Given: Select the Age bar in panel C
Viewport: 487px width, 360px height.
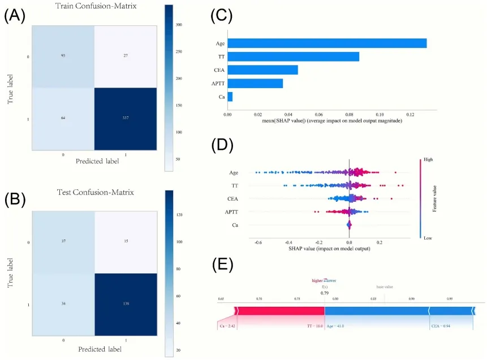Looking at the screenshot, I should coord(327,44).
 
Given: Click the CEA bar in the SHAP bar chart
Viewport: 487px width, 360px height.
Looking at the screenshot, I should coord(262,70).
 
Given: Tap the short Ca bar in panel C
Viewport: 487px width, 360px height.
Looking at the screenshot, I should coord(230,97).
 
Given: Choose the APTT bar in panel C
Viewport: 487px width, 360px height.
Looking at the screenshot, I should coord(255,84).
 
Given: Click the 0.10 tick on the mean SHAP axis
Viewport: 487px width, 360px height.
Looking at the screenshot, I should coord(380,114).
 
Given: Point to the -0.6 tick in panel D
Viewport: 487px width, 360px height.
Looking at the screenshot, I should coord(258,242).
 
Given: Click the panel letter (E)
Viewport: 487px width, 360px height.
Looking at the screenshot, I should coord(222,266).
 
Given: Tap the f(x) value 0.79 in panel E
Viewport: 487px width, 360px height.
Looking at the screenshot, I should coord(324,293).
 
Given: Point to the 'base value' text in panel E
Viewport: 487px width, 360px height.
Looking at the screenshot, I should coord(385,287).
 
